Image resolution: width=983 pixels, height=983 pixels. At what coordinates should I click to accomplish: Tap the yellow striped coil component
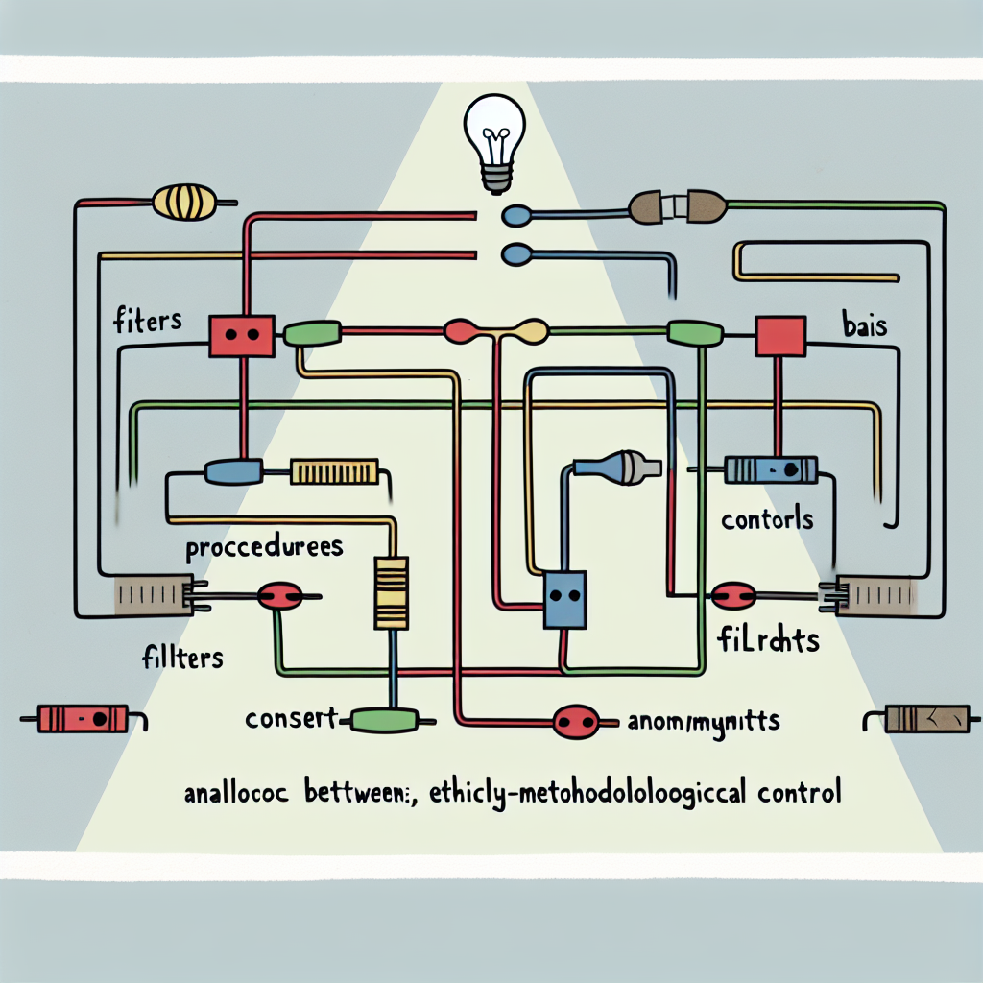[x=184, y=203]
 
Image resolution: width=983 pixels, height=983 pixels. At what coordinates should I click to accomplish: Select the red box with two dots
[x=241, y=336]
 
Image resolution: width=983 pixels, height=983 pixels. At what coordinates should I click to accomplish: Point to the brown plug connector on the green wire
[x=677, y=204]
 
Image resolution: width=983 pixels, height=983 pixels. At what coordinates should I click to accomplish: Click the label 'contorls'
[x=767, y=520]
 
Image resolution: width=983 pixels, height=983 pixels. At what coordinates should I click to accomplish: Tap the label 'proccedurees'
[x=265, y=549]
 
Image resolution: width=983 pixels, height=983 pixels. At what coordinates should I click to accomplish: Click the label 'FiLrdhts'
[x=768, y=640]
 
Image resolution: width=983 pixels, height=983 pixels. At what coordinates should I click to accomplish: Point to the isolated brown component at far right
[x=918, y=719]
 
